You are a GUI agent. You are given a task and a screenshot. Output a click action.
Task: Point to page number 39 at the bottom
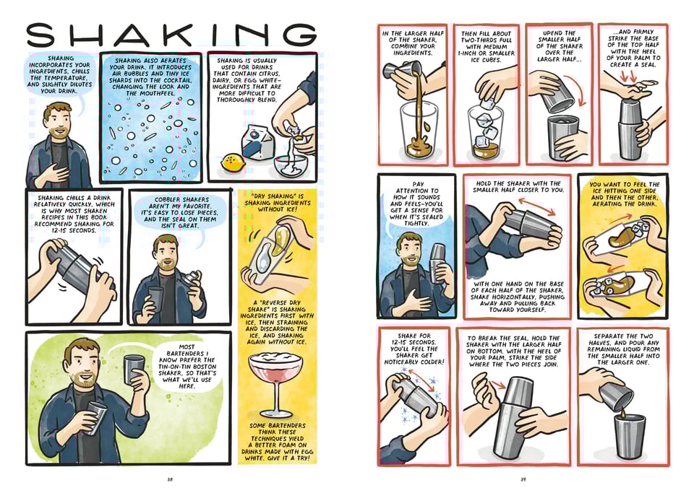tap(523, 477)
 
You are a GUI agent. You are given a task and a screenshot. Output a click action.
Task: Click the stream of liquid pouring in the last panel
tap(621, 410)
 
